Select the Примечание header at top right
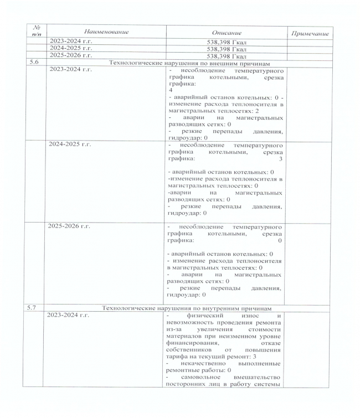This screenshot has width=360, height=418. click(x=310, y=34)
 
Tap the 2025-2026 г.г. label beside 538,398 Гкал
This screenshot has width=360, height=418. click(x=71, y=55)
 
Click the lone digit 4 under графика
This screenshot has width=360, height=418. click(x=171, y=90)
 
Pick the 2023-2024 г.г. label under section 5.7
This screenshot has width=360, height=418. click(x=71, y=315)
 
